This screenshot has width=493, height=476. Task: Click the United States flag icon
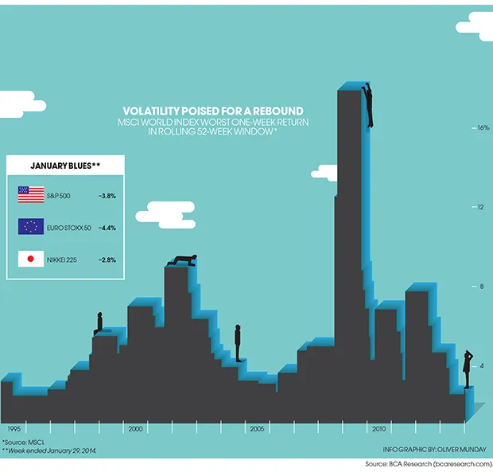(30, 193)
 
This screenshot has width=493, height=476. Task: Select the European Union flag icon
(30, 227)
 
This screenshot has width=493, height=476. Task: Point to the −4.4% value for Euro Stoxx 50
(107, 227)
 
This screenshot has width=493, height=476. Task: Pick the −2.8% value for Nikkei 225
(107, 260)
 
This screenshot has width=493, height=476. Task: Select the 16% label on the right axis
(482, 127)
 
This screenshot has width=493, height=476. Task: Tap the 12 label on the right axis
(480, 207)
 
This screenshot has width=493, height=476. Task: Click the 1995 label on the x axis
(14, 428)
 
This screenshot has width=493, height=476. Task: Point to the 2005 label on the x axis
(256, 428)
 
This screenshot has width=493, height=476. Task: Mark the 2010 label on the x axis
(379, 428)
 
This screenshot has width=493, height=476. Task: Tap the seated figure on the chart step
(99, 323)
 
